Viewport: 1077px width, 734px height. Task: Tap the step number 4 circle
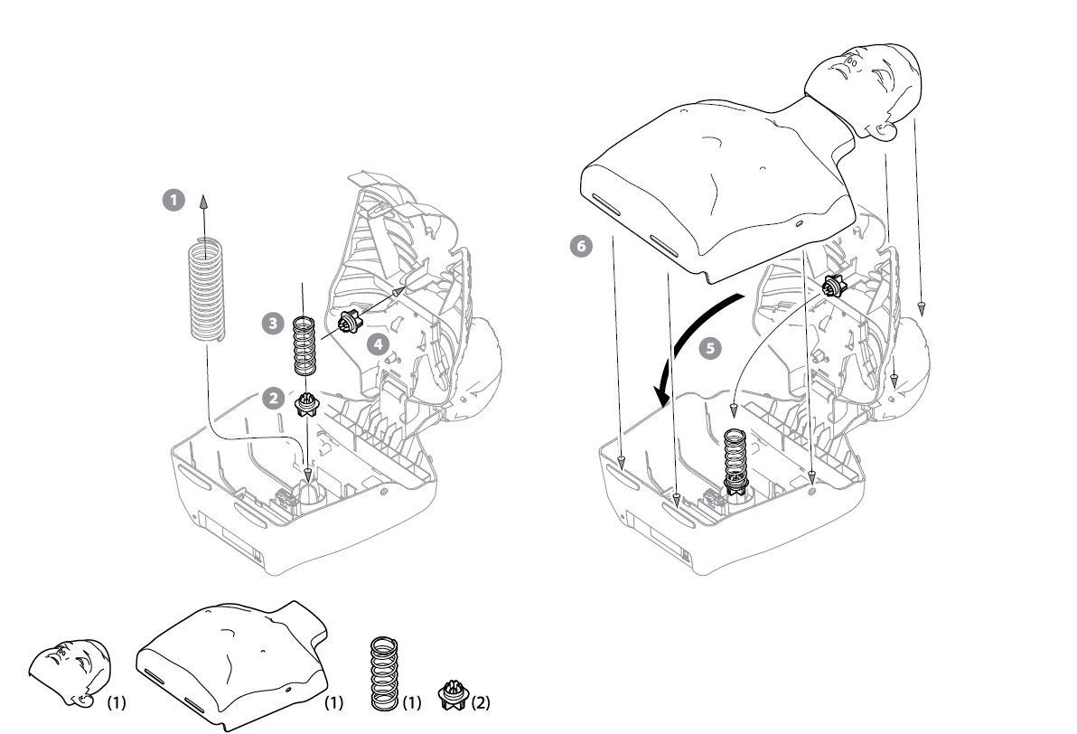(378, 343)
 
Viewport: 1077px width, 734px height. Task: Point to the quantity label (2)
(478, 701)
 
